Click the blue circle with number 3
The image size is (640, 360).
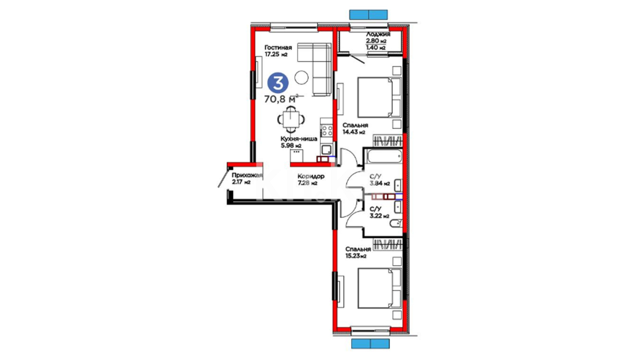pos(278,83)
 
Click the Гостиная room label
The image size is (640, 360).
pos(278,48)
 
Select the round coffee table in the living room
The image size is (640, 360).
pos(302,78)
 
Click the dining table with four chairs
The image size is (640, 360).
pos(291,119)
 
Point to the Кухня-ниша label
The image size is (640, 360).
pos(299,139)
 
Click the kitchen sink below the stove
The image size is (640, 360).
pos(327,149)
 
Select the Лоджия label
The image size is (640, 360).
pos(378,34)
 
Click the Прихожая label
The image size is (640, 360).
pos(247,175)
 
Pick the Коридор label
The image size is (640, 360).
pos(311,176)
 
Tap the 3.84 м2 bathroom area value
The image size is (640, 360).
pos(380,183)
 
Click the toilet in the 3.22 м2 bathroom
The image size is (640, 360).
pos(396,223)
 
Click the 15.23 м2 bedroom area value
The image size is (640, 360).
pos(356,256)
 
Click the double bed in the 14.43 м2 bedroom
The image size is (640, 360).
pos(379,97)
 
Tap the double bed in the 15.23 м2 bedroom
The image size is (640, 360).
pos(379,288)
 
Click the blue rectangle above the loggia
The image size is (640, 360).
pos(368,15)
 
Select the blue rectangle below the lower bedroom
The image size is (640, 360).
pos(370,344)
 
